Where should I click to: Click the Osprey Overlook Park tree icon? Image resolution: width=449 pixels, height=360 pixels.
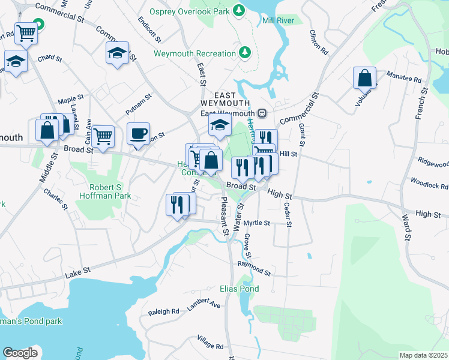click(x=240, y=10)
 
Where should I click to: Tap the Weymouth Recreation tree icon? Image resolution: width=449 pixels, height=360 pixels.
click(x=245, y=53)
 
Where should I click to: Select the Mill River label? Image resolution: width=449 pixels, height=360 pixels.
click(x=277, y=20)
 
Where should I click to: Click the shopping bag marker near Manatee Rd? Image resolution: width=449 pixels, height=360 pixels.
click(x=364, y=78)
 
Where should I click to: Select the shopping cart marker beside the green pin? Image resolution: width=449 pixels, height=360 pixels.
click(x=26, y=33)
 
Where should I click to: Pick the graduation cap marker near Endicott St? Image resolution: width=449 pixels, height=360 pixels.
click(x=118, y=53)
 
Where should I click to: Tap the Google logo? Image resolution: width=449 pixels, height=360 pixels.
click(x=20, y=352)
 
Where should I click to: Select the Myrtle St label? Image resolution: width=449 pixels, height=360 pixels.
click(x=257, y=223)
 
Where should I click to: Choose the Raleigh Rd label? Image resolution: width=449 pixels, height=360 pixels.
click(x=163, y=311)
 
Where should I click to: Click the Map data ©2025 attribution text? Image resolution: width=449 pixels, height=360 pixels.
click(x=423, y=355)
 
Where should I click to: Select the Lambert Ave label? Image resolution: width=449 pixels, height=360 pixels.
click(x=203, y=304)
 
